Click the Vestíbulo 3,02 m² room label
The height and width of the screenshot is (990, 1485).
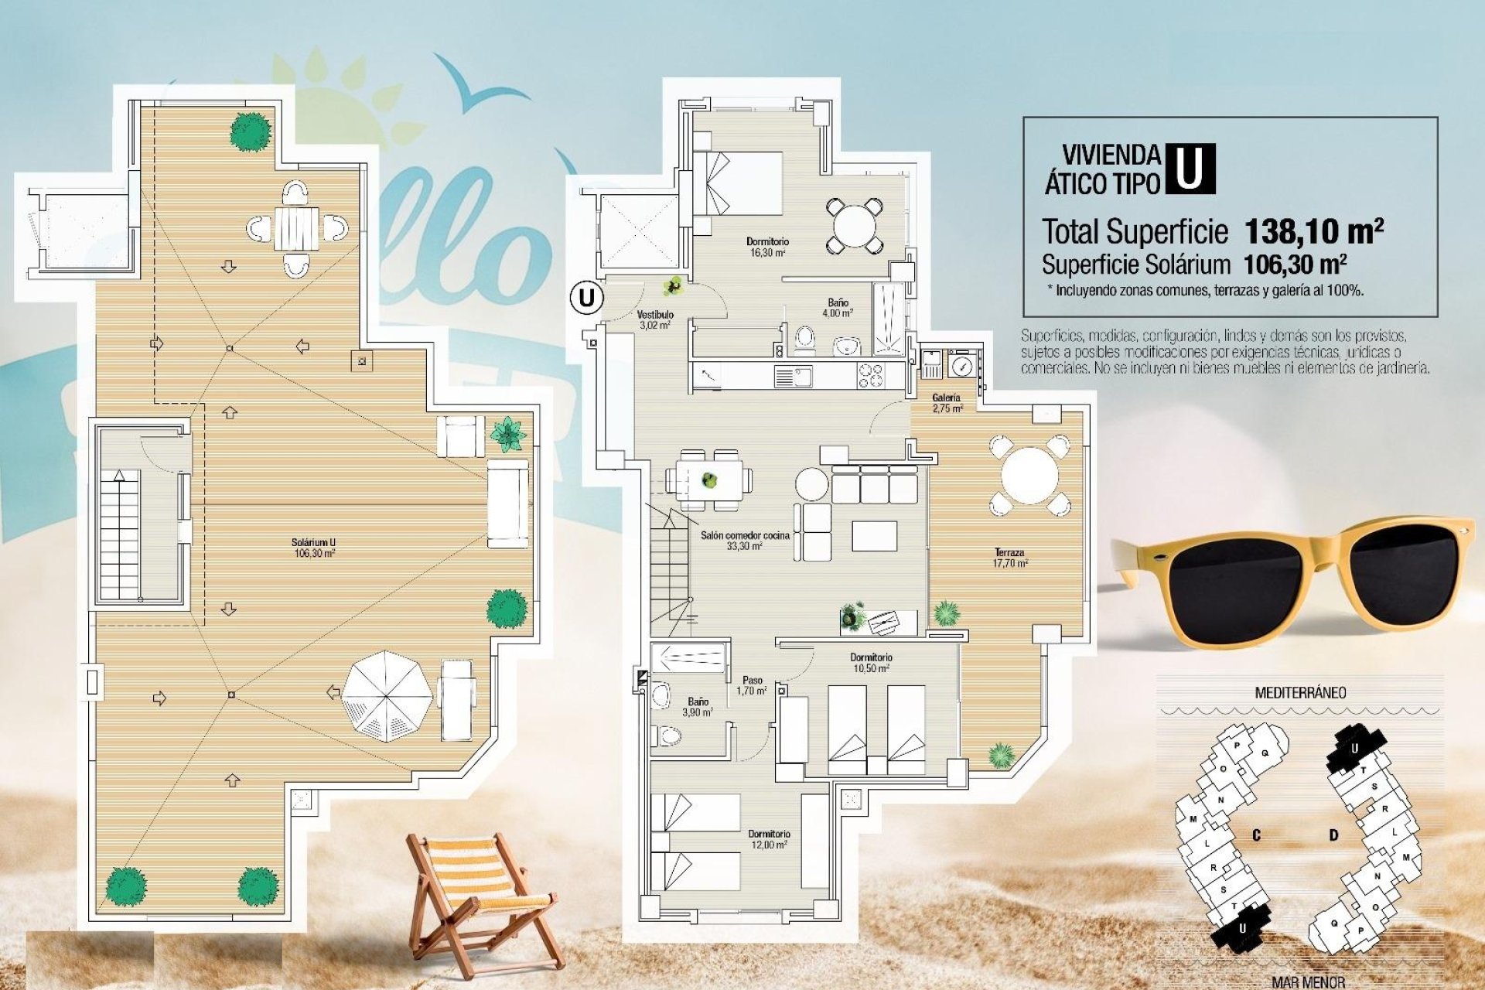(x=655, y=320)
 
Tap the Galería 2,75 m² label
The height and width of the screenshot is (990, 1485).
(x=947, y=403)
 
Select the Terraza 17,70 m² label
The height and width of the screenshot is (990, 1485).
(x=1010, y=558)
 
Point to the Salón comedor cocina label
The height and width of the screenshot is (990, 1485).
(x=745, y=540)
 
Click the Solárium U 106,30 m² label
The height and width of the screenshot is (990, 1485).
(x=314, y=548)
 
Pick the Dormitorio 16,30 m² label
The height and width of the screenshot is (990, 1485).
(x=767, y=247)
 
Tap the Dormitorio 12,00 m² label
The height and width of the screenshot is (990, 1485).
(x=769, y=839)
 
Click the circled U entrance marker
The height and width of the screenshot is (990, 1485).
(x=587, y=298)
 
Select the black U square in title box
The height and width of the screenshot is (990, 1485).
(x=1190, y=169)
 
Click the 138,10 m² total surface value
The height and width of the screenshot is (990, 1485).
(x=1313, y=230)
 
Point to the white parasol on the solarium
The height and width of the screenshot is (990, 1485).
(x=387, y=695)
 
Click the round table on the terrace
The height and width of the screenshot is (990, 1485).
(x=1029, y=475)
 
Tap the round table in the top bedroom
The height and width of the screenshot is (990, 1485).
(x=854, y=226)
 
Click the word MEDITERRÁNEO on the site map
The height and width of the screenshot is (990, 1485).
(x=1299, y=692)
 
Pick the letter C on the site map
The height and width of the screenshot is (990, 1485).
(x=1257, y=835)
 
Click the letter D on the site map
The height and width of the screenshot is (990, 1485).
(x=1333, y=835)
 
